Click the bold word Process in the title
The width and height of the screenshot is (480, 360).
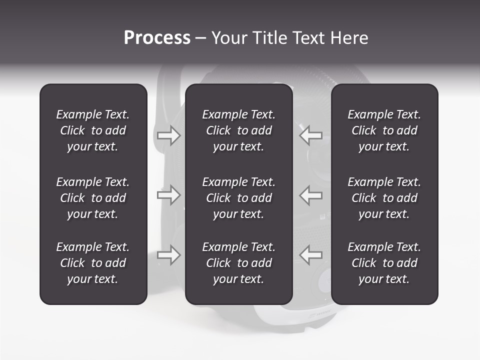click(x=157, y=38)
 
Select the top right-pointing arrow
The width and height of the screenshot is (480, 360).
click(x=168, y=135)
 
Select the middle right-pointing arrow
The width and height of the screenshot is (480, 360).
click(x=168, y=195)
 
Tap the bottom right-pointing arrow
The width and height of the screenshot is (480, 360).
click(x=168, y=255)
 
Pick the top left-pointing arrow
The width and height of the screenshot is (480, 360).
click(x=311, y=135)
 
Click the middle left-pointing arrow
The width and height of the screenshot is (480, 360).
click(x=311, y=195)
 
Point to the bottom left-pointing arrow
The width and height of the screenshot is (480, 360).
click(x=311, y=255)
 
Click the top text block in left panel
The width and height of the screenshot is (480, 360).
click(x=93, y=130)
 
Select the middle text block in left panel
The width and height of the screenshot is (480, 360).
click(x=93, y=198)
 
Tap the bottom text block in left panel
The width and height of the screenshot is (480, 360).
click(x=93, y=263)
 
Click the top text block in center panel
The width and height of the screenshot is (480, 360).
click(x=239, y=130)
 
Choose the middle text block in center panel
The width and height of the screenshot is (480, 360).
click(x=239, y=198)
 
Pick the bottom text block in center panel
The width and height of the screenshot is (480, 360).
click(x=239, y=263)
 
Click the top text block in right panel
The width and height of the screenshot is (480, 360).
click(x=384, y=130)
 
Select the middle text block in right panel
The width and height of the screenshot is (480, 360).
click(x=384, y=198)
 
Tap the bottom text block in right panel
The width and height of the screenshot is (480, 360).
click(x=384, y=263)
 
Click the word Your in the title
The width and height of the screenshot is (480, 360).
click(x=229, y=38)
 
